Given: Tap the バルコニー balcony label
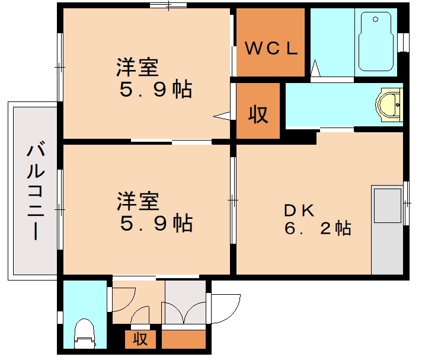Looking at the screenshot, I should point(34,191).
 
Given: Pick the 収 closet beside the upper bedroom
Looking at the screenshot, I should point(258,113).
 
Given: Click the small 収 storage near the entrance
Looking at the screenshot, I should point(140,340).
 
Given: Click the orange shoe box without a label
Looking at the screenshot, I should point(183,340).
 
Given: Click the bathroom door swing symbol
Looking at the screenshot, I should point(316,69).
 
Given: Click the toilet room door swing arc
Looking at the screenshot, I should point(124,300).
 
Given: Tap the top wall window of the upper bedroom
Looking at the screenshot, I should point(168,6).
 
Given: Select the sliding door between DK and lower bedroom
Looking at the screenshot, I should point(233,202).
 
